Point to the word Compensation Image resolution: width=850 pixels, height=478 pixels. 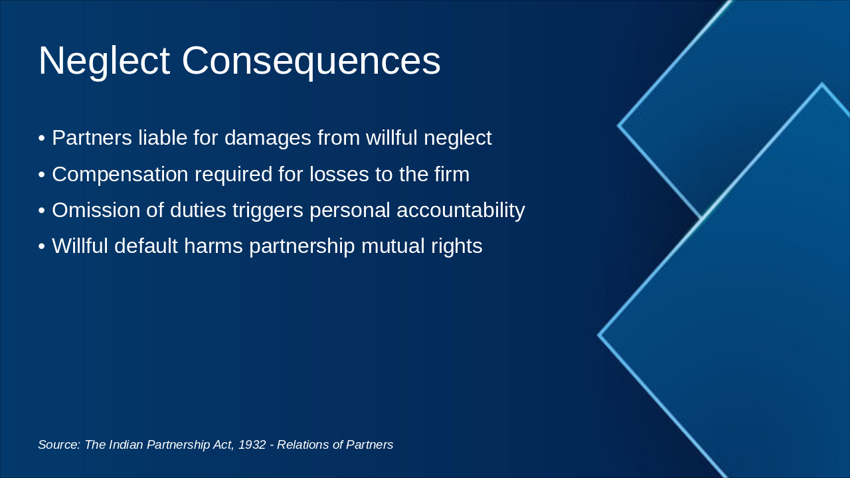[x=120, y=175]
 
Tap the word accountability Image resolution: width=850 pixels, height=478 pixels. [x=460, y=210]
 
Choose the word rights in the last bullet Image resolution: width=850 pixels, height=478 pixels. [x=458, y=246]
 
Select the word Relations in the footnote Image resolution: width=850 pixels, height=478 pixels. [x=302, y=445]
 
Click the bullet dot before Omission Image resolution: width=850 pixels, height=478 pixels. [x=42, y=211]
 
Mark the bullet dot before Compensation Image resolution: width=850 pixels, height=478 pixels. [x=42, y=175]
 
